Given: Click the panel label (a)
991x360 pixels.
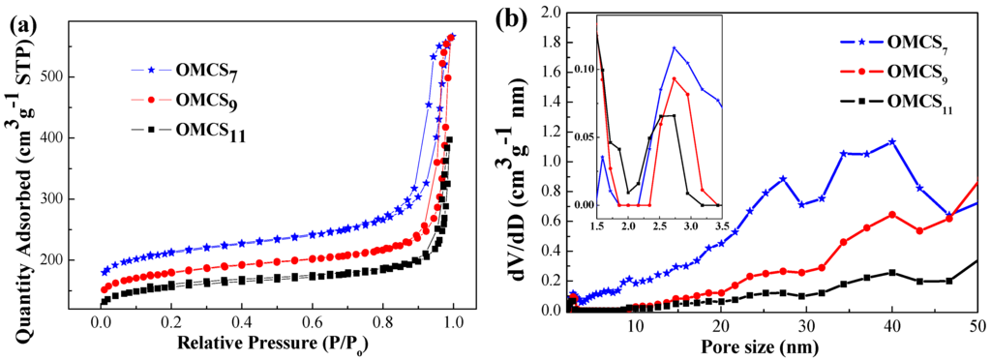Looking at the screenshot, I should point(24,23).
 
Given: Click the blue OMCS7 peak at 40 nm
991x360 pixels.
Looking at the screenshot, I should point(891,141).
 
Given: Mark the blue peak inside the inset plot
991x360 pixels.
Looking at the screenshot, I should point(675,47).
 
